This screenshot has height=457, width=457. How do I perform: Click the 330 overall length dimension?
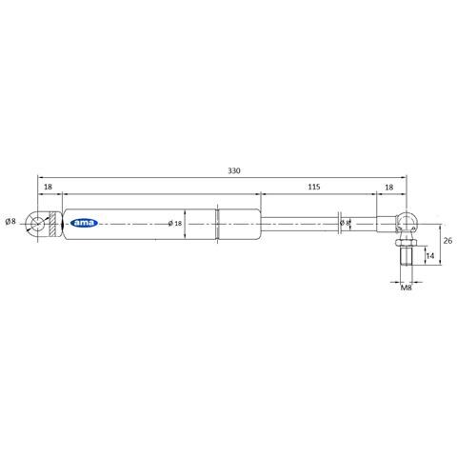click(x=234, y=170)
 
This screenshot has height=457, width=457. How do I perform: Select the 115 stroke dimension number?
click(x=314, y=187)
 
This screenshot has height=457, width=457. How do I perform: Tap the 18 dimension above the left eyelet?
click(x=48, y=187)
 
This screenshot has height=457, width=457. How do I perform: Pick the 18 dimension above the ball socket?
click(x=389, y=188)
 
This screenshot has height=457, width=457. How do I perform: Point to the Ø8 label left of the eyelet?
click(x=10, y=221)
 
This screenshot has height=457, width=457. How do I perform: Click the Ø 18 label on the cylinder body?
click(x=175, y=224)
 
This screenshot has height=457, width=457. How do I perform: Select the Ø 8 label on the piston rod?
click(x=345, y=223)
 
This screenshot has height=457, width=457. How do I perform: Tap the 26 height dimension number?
click(x=447, y=241)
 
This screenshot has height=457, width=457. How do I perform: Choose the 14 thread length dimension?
click(x=430, y=255)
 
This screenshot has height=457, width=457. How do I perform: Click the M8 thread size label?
click(x=407, y=288)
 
